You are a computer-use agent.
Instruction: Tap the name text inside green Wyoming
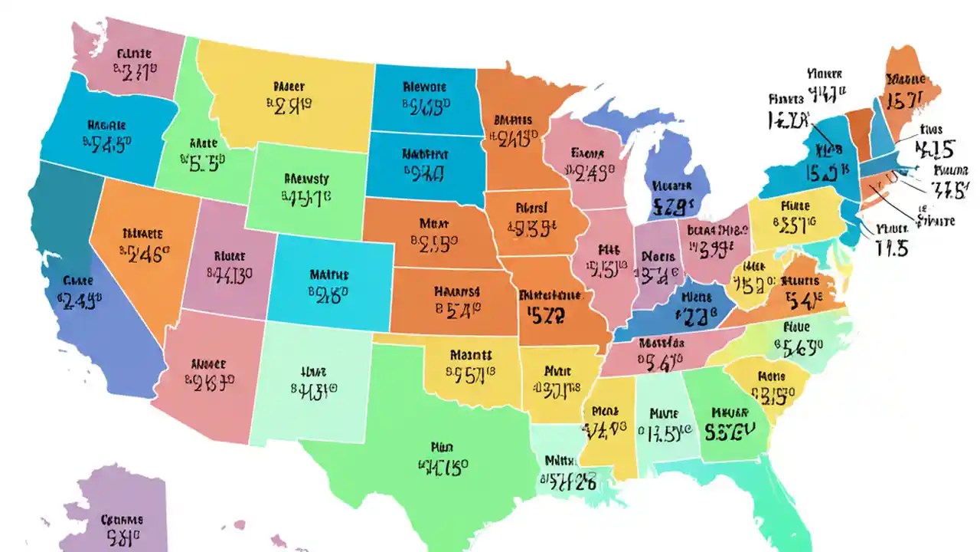pos(306,179)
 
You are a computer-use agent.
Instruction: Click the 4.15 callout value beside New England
pos(936,149)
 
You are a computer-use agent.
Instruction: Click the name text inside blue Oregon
pos(106,125)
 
